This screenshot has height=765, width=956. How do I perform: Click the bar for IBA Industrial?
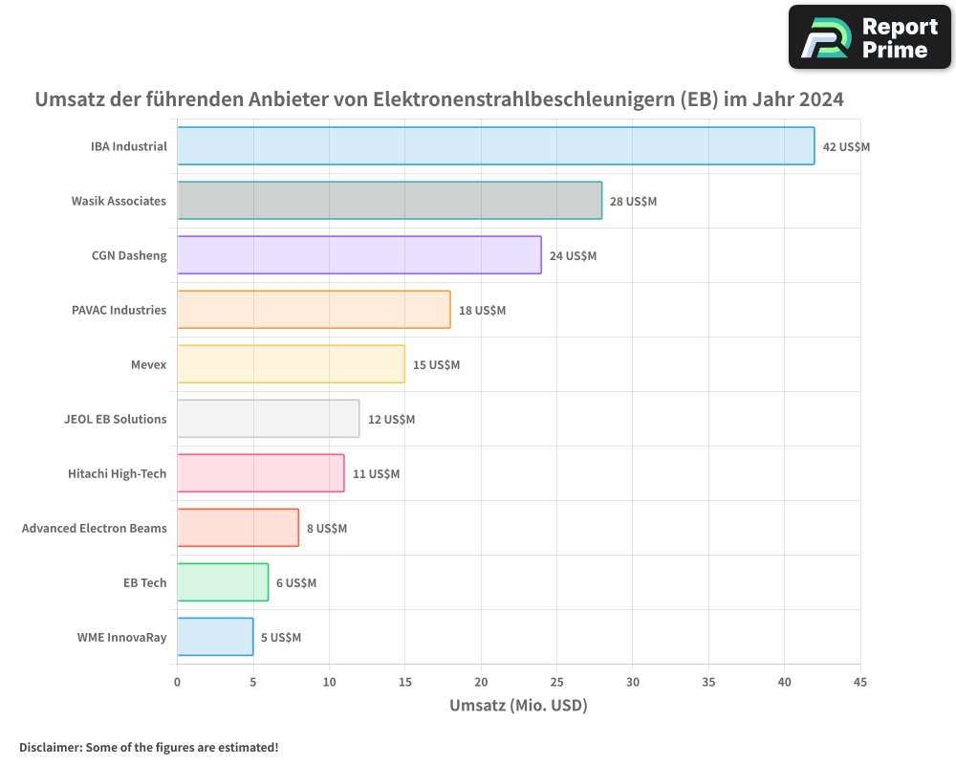[x=495, y=146]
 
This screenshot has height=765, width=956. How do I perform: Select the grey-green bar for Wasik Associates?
[x=389, y=201]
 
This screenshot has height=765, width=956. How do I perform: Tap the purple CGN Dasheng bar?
[x=358, y=255]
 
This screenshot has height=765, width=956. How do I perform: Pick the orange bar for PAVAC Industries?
[x=314, y=310]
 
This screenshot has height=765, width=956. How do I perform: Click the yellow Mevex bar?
[x=291, y=364]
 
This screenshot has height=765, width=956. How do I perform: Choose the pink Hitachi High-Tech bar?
[x=260, y=473]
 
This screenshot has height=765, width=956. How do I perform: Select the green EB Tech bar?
[x=223, y=582]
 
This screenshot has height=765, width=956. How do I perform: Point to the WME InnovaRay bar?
[x=215, y=637]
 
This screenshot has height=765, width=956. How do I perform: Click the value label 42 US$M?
[x=846, y=147]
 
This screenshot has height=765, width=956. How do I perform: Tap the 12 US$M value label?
[x=391, y=420]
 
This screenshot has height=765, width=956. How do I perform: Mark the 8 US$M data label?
[x=327, y=529]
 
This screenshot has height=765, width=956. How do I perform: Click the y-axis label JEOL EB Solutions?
[x=115, y=419]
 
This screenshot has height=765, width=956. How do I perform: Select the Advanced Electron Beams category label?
[x=94, y=528]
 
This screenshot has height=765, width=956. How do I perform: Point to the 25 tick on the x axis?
[x=556, y=683]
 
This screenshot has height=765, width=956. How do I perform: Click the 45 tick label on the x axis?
[x=859, y=683]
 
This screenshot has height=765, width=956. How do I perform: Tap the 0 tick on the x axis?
[x=177, y=683]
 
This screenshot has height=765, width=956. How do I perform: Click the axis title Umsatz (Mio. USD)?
[x=518, y=706]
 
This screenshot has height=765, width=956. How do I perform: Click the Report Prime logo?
[x=869, y=37]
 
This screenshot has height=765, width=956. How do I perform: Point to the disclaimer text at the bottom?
[x=148, y=747]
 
